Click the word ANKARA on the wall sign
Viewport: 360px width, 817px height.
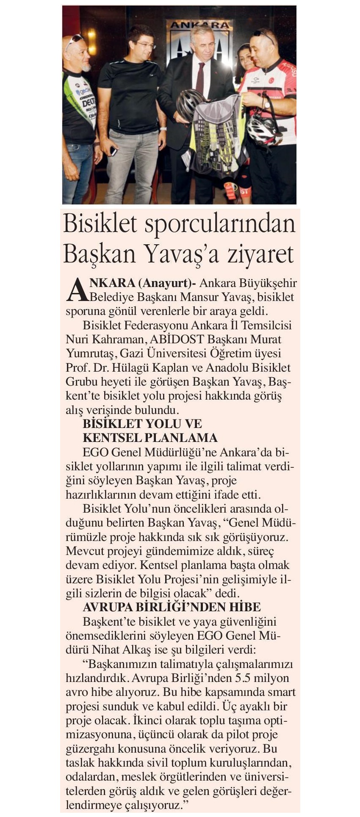coord(199,25)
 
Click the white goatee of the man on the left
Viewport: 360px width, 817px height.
coord(86,66)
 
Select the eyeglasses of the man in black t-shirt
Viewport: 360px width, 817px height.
coord(144,44)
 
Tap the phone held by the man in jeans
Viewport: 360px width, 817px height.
coord(114,150)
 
